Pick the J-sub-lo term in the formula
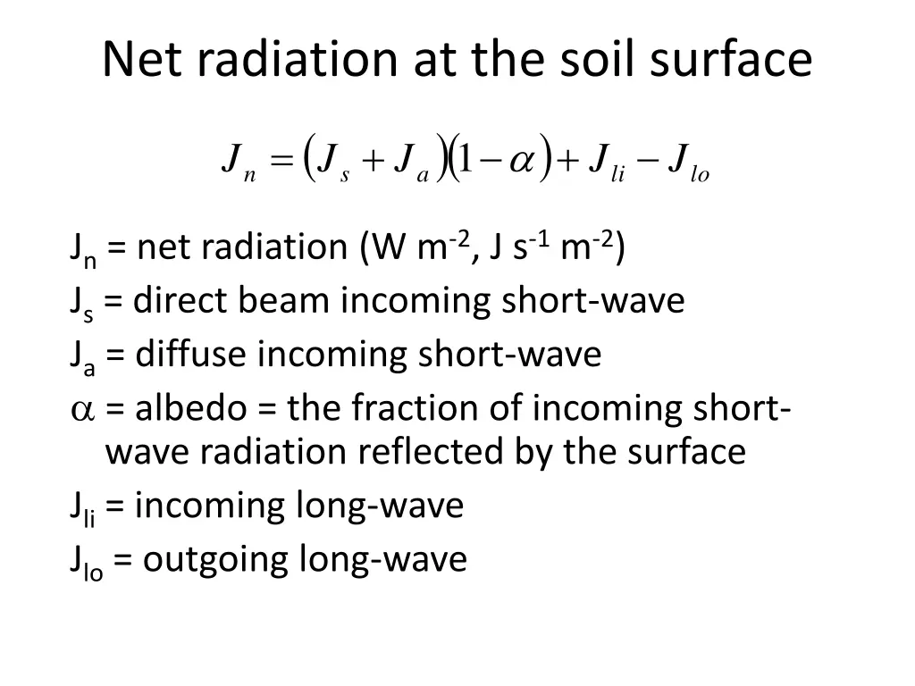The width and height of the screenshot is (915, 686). (x=687, y=163)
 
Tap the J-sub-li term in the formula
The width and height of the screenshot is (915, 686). (x=605, y=163)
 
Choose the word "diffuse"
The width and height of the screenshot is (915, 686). (x=191, y=355)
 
